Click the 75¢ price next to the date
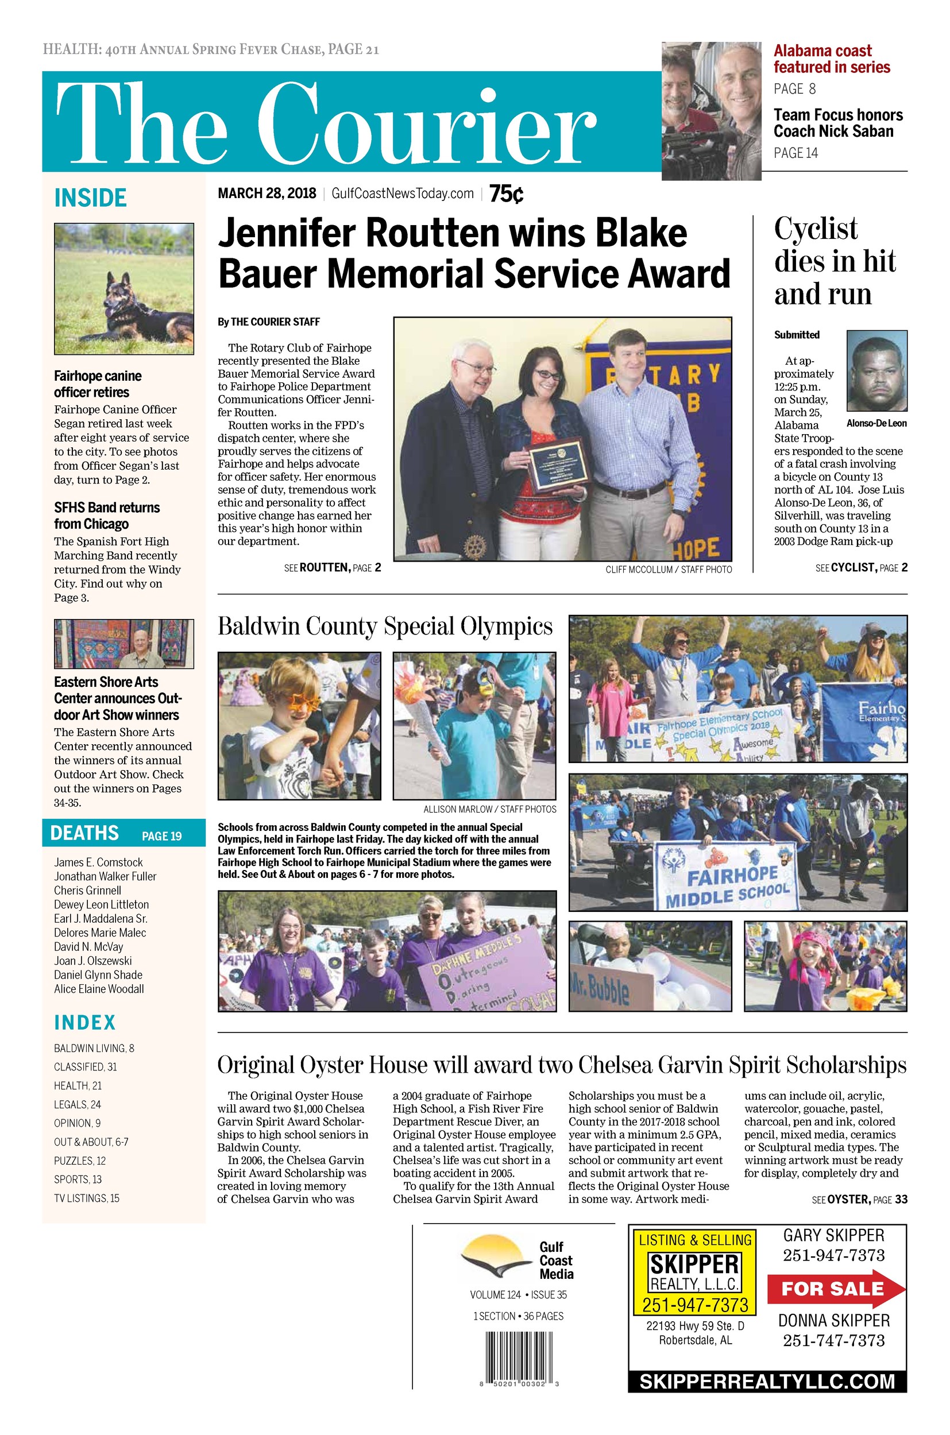pyautogui.click(x=506, y=194)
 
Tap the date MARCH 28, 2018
pyautogui.click(x=267, y=194)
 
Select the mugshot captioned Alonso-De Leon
pyautogui.click(x=876, y=371)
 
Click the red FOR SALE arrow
pyautogui.click(x=835, y=1289)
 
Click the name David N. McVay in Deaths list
pyautogui.click(x=88, y=947)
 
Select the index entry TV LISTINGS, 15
pyautogui.click(x=86, y=1198)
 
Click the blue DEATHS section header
pyautogui.click(x=123, y=833)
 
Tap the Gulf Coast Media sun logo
pyautogui.click(x=495, y=1256)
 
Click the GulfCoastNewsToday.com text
pyautogui.click(x=402, y=194)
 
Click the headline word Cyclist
pyautogui.click(x=816, y=229)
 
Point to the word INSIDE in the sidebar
pyautogui.click(x=90, y=198)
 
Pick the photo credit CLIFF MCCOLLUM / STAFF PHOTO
pyautogui.click(x=668, y=570)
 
